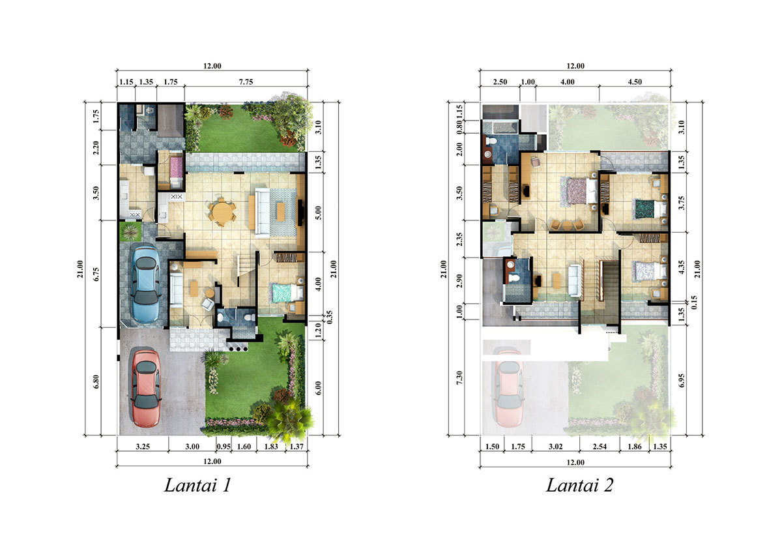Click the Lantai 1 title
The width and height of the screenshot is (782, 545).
[x=197, y=485]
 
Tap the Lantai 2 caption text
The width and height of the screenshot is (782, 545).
[x=579, y=485]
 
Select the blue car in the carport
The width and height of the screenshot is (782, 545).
[x=145, y=284]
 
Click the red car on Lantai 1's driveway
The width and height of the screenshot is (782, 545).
[x=146, y=389]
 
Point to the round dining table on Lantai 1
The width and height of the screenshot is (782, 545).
[x=221, y=211]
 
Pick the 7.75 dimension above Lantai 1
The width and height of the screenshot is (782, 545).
[x=246, y=82]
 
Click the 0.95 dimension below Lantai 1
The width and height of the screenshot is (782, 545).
[x=224, y=447]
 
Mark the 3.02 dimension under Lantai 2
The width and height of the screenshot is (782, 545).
[x=555, y=447]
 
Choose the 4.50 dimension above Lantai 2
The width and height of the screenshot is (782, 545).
[x=635, y=82]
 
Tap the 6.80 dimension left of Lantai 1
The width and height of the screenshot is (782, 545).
[x=96, y=381]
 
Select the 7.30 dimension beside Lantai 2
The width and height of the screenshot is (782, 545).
[x=459, y=377]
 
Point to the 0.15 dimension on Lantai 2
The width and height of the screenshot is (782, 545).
[x=694, y=302]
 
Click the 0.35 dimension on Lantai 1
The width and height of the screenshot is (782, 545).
[x=330, y=317]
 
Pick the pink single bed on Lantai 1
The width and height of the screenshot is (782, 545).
[x=177, y=169]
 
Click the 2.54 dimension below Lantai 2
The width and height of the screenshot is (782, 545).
[x=600, y=447]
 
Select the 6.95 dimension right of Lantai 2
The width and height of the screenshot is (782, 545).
[x=682, y=381]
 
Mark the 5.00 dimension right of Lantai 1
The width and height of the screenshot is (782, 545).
[x=318, y=213]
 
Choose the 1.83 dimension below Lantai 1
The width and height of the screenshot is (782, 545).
[x=271, y=447]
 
